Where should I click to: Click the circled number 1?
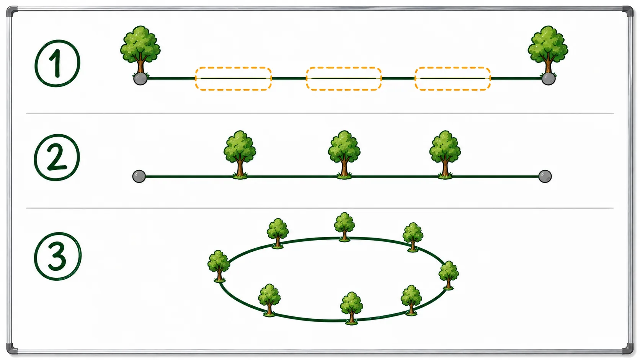57,63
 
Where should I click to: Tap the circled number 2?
57,158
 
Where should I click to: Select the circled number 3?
58,256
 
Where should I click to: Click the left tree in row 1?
140,51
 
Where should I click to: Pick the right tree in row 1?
548,51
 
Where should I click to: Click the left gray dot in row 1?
140,78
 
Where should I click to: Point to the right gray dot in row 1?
548,78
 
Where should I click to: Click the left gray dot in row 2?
139,176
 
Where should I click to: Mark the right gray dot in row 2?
545,176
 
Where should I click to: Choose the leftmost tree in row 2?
240,155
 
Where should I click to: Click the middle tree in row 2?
344,155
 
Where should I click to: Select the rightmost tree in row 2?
445,155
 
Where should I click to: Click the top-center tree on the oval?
344,227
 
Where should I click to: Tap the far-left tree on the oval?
219,266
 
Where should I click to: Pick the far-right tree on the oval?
449,275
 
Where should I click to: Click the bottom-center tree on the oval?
351,308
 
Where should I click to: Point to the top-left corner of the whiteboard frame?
8,8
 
